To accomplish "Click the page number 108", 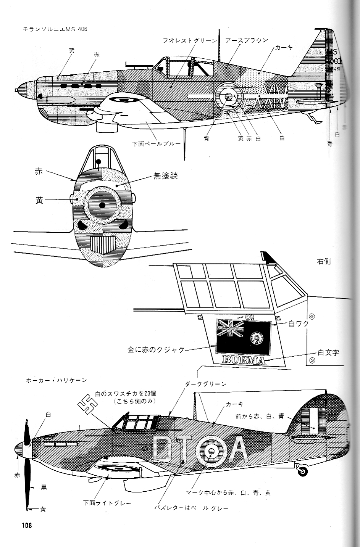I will click(x=26, y=525).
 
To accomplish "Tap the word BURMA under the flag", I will click(x=244, y=360).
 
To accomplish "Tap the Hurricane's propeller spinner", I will click(x=21, y=450).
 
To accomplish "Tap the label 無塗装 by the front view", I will click(x=166, y=176).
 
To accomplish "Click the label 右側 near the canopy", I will click(x=324, y=261).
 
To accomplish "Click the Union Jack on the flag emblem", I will click(x=230, y=328).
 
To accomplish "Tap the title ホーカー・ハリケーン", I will click(x=56, y=380).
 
